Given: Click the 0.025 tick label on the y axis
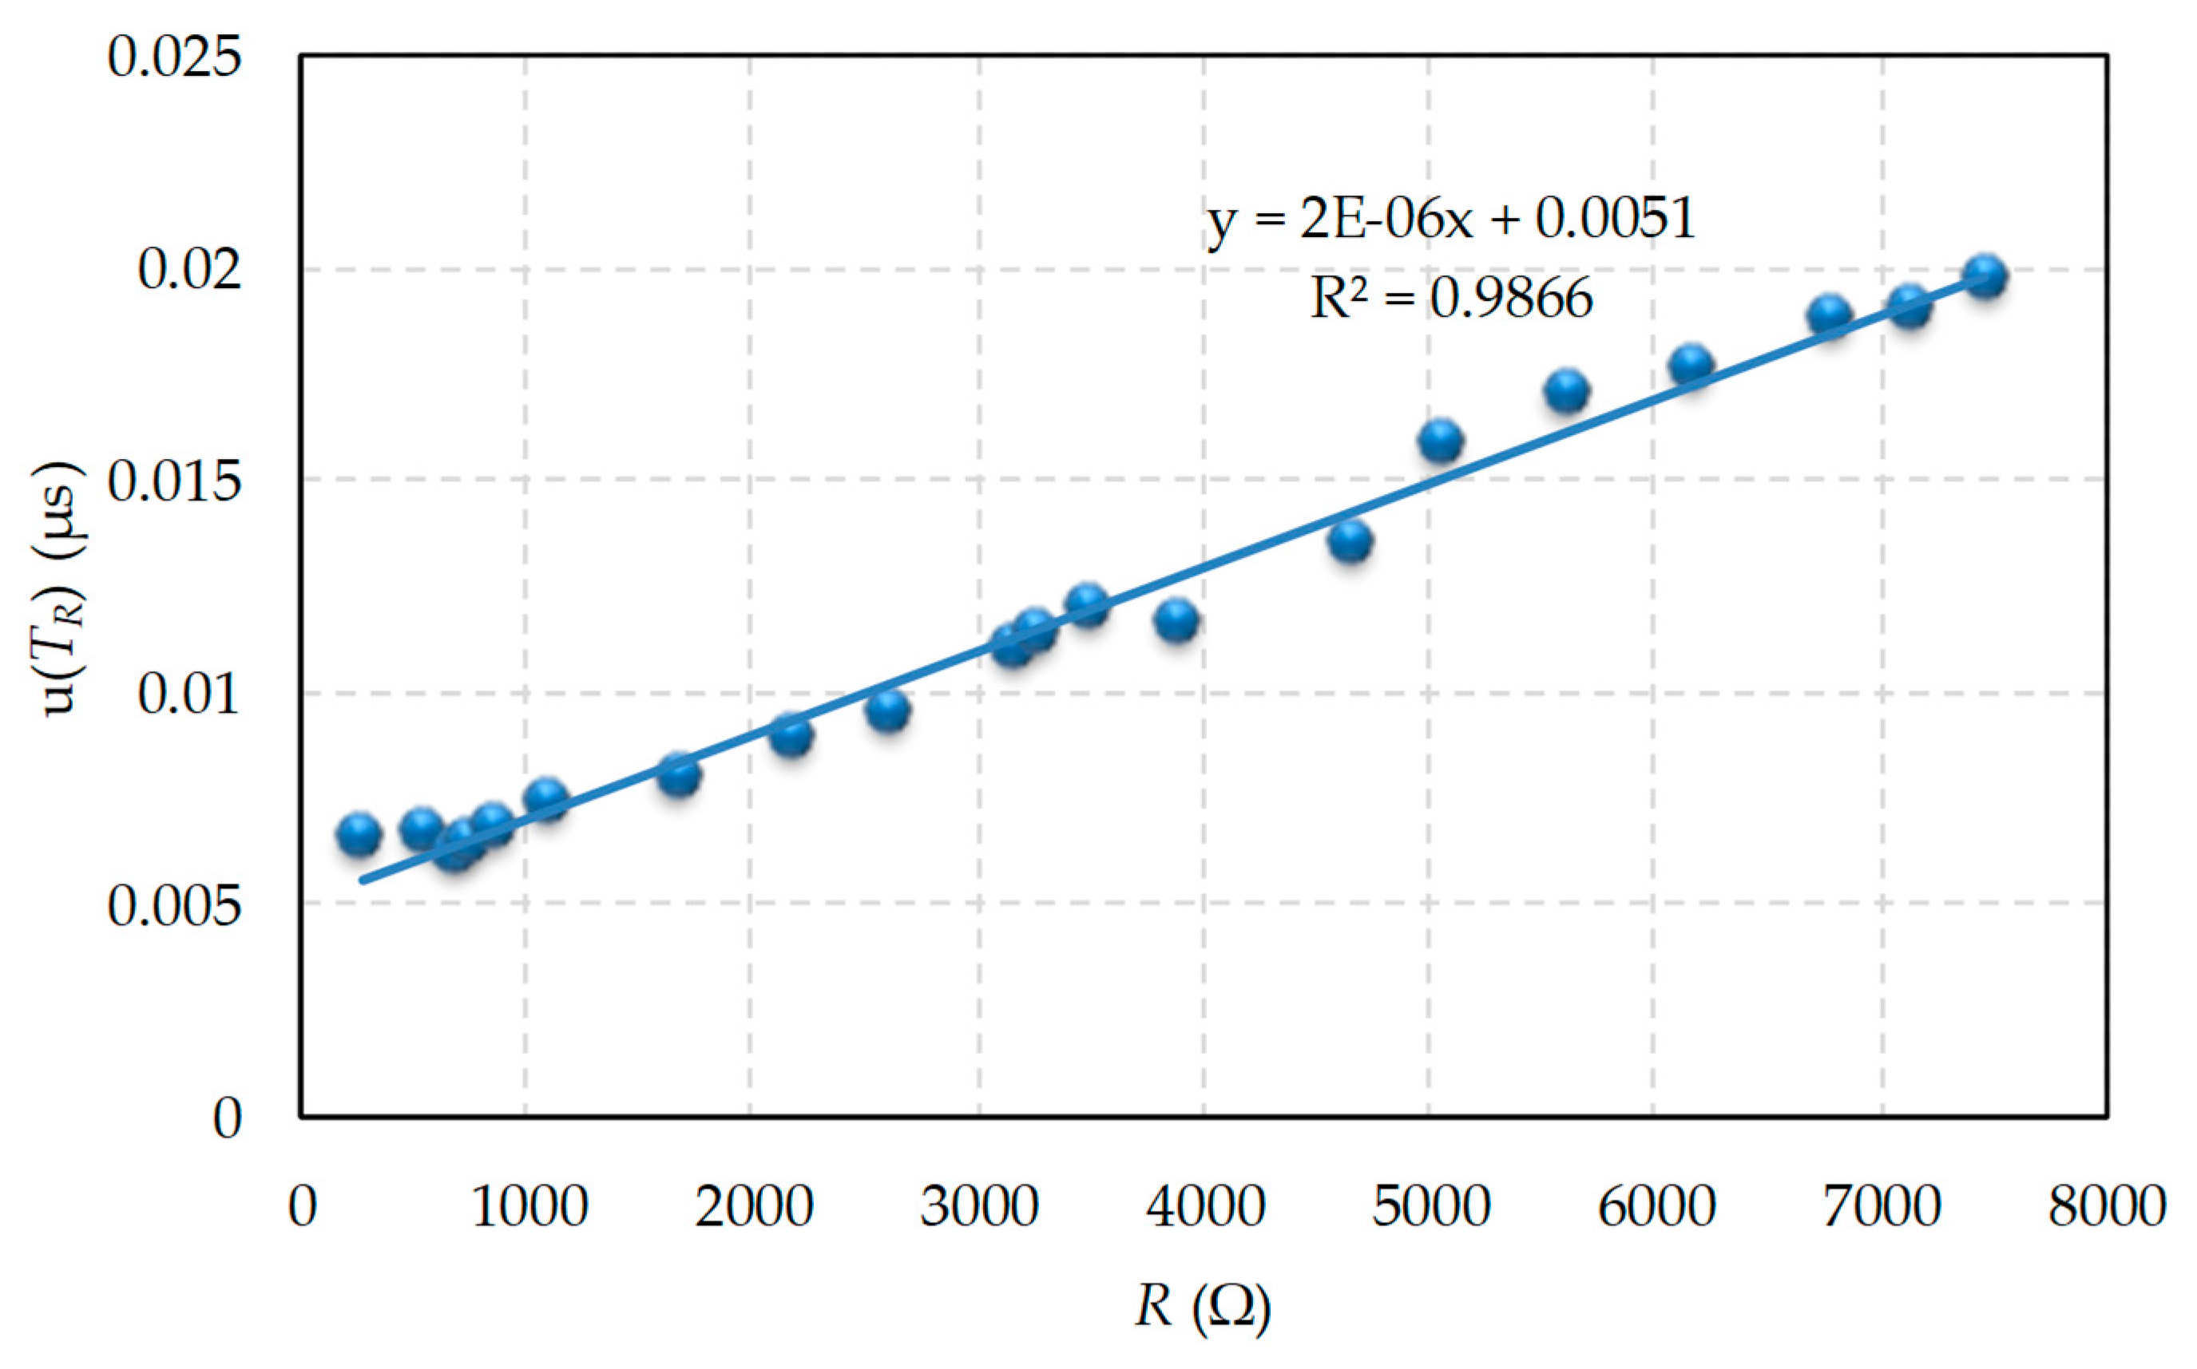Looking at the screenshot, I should point(175,57).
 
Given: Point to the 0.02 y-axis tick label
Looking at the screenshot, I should point(190,270).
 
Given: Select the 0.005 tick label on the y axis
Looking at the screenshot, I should point(175,905).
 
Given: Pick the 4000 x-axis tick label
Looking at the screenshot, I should point(1204,1206).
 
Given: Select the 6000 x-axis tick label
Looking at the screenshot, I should point(1656,1206).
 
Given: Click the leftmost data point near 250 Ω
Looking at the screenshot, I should point(359,834).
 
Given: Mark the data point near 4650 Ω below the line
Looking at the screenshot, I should point(1350,541).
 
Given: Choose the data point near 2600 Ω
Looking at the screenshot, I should point(887,710).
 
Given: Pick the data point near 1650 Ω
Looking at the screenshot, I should point(678,774).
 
